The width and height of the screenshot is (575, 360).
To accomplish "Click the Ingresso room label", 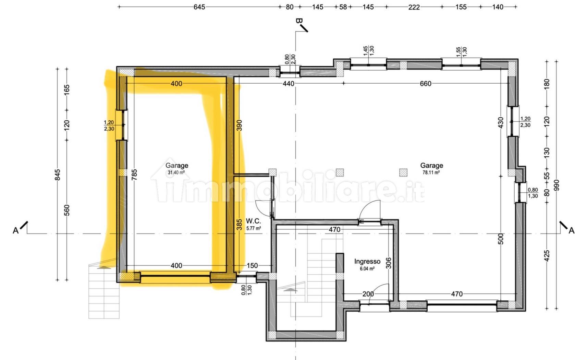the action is click(367, 261).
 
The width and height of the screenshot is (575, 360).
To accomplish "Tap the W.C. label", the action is click(253, 221).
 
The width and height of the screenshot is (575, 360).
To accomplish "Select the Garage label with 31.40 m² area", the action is click(176, 165).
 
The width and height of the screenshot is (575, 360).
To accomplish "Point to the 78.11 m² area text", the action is click(431, 172).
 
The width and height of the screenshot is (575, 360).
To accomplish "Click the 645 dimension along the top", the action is click(199, 7).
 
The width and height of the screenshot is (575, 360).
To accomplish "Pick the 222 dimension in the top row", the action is click(414, 7).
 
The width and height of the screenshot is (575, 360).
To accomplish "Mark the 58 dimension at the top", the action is click(343, 7).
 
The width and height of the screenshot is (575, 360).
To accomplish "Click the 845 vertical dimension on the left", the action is click(58, 175).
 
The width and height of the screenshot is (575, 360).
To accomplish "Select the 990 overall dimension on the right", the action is click(556, 185).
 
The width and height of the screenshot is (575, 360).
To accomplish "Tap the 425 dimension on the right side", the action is click(547, 256).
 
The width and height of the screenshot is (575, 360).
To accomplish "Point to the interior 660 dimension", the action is click(425, 83).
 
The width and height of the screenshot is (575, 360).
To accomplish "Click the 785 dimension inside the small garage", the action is click(134, 175).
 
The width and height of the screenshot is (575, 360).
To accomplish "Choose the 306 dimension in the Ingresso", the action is click(389, 263).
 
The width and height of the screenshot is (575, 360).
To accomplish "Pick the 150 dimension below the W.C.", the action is click(252, 265).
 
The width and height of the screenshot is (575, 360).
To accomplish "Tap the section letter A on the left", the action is click(16, 231).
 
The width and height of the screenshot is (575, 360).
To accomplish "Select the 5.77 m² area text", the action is click(254, 228).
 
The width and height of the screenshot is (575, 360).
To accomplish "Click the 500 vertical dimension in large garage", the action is click(501, 239).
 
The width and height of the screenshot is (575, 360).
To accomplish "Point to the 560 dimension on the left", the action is click(67, 210).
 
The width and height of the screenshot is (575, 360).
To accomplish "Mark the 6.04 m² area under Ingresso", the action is click(367, 268).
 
